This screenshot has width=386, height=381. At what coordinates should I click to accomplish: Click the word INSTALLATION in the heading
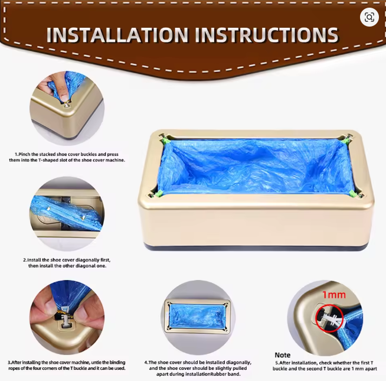117,35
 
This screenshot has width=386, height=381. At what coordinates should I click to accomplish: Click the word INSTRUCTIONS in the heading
267,35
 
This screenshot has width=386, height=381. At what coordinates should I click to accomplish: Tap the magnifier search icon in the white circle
369,17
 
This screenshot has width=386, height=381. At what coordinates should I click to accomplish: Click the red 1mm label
334,295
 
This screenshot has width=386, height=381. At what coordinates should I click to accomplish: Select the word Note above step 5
282,355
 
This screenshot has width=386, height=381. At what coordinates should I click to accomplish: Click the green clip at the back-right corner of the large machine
345,141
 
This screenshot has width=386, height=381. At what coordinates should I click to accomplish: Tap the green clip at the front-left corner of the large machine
159,194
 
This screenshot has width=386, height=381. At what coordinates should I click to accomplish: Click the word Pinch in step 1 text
24,154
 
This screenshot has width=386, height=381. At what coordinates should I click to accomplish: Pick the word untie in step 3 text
97,363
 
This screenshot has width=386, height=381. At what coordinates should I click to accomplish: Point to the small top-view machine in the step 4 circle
198,317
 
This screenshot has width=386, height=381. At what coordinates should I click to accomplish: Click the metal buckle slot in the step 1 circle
67,106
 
